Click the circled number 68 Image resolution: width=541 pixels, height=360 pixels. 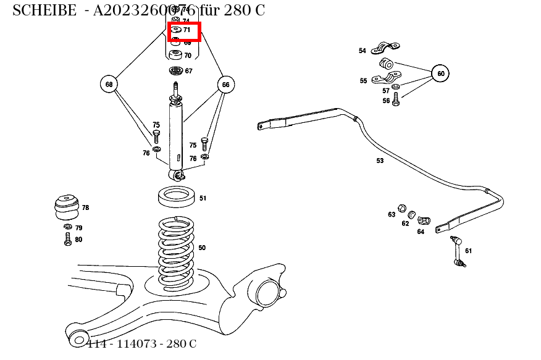tap(109, 85)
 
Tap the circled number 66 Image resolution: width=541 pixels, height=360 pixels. tap(225, 85)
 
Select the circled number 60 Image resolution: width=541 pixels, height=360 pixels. tap(440, 73)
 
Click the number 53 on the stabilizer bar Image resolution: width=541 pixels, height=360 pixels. tap(380, 161)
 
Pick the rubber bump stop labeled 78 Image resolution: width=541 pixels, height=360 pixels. tap(65, 207)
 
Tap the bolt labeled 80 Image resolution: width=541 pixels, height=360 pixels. tap(67, 240)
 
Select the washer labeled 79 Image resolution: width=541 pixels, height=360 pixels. tap(67, 227)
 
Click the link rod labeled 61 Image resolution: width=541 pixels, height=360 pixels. tap(458, 251)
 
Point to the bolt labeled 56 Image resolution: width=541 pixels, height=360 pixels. tap(396, 100)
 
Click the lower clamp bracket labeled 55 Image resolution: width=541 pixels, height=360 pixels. tap(386, 78)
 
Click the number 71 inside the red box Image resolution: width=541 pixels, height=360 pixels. tap(187, 30)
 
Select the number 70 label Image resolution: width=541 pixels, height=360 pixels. tap(187, 56)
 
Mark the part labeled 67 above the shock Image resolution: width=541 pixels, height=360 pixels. tap(175, 70)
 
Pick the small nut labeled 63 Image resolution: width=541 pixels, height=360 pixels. tap(401, 206)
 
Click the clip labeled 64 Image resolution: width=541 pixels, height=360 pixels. tap(424, 220)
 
